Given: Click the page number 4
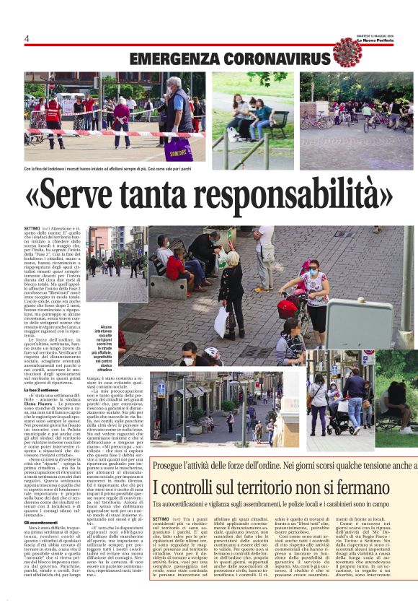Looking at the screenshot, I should [27, 38].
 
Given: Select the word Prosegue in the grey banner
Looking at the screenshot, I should [173, 466].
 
